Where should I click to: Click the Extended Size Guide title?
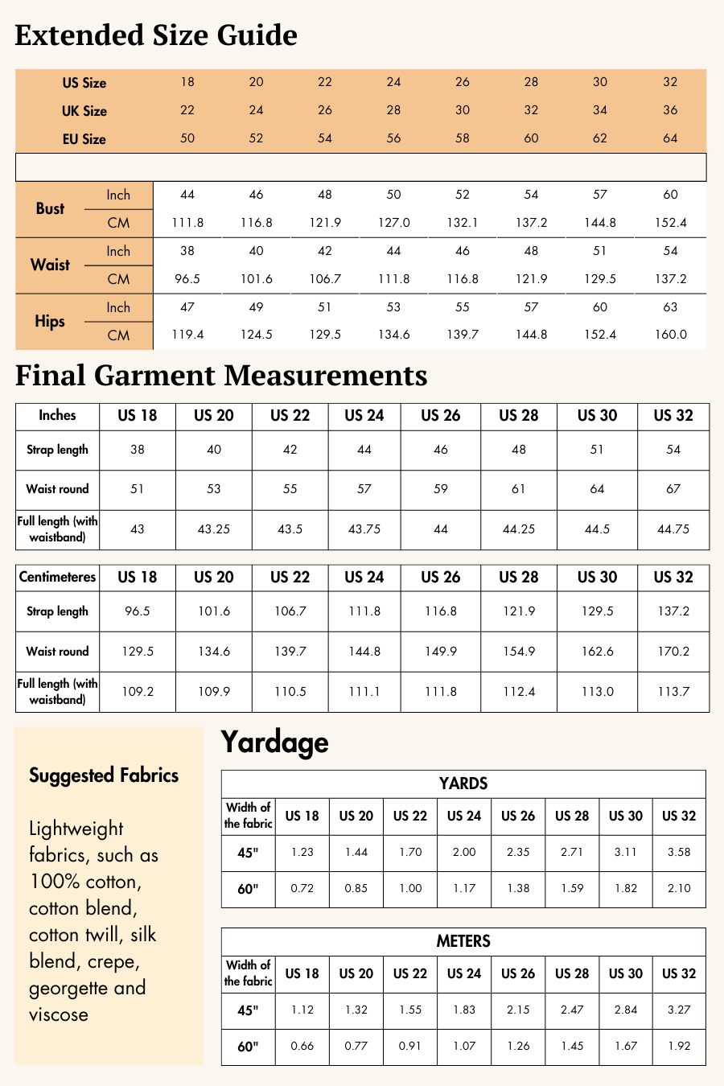[x=156, y=35]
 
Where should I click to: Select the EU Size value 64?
[x=670, y=138]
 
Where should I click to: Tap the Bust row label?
[x=50, y=208]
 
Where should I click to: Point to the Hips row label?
[x=50, y=321]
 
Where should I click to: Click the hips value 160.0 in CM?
[x=670, y=335]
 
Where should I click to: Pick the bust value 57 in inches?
[x=600, y=195]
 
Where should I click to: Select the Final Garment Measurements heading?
[x=221, y=376]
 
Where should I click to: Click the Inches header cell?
[x=57, y=415]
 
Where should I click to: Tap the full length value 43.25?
[x=214, y=529]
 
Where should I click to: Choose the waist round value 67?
[x=673, y=489]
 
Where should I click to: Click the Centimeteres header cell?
[x=57, y=577]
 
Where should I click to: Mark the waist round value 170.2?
[x=673, y=652]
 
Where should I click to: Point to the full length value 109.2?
[x=138, y=692]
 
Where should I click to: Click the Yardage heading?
[x=275, y=742]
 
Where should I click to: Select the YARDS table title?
[x=463, y=784]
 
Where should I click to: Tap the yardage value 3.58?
[x=679, y=852]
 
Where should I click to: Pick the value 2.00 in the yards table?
[x=464, y=852]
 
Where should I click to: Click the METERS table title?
[x=463, y=941]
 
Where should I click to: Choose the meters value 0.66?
[x=302, y=1046]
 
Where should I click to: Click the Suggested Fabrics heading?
[x=104, y=775]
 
